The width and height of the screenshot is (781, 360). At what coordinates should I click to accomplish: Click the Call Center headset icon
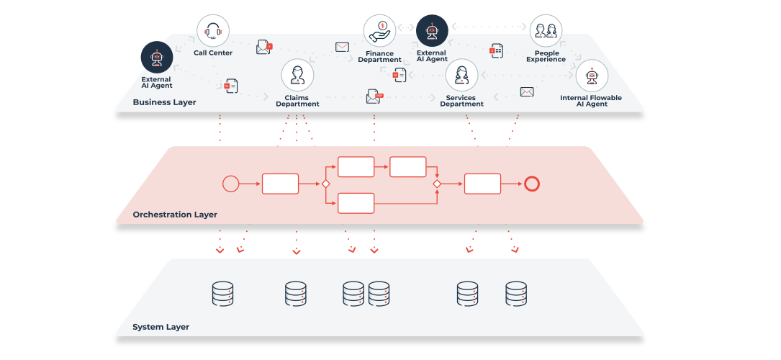tap(213, 31)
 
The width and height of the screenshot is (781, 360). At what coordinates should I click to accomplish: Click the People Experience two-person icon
tap(546, 31)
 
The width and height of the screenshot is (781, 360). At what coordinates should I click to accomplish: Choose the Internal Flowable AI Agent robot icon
tap(591, 76)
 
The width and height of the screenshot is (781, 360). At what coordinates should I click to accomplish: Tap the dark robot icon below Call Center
tap(157, 58)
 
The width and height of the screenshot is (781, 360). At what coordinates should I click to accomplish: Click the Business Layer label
tap(164, 102)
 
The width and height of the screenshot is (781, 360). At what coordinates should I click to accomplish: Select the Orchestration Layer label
tap(175, 215)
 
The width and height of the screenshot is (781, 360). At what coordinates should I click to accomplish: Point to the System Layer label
tap(161, 327)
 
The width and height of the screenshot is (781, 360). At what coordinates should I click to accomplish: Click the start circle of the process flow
tap(230, 184)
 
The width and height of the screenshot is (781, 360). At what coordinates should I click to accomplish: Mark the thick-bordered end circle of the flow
tap(532, 184)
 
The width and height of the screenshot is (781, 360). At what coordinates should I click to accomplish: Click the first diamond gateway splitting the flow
tap(325, 184)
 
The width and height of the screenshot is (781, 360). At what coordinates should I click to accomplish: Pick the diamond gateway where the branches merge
tap(436, 184)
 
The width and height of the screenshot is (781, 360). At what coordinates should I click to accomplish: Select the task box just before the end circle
tap(482, 184)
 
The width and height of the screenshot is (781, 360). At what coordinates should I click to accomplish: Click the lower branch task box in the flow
tap(356, 203)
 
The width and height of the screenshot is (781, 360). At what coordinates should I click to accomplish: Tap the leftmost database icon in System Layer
tap(223, 294)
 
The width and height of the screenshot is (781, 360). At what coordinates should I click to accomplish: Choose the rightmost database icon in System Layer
tap(516, 294)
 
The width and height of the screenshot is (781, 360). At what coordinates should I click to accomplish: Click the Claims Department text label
tap(297, 100)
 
